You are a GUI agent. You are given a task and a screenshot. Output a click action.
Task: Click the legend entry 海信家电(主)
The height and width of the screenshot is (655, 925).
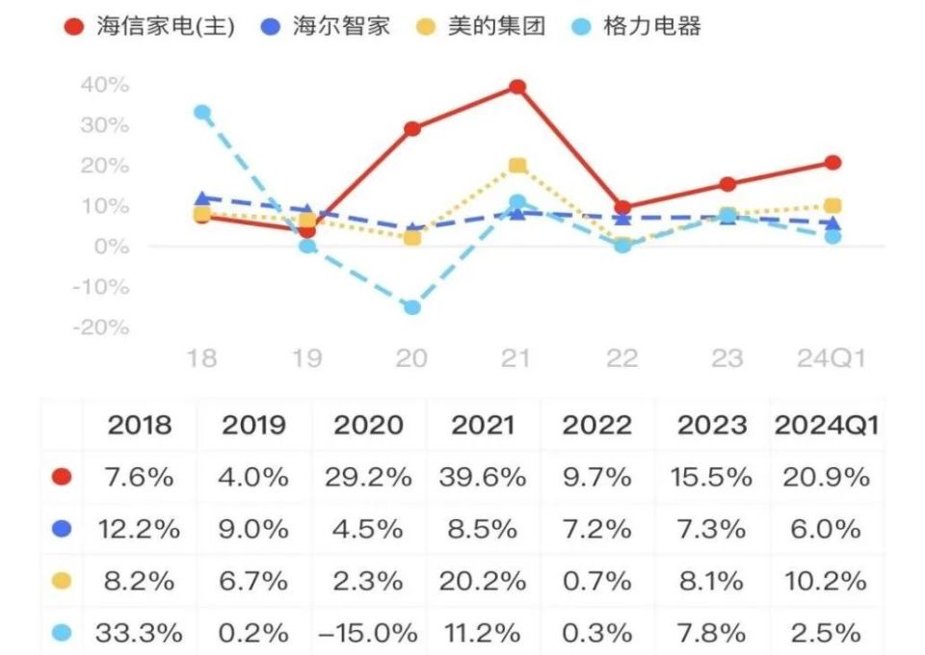(149, 26)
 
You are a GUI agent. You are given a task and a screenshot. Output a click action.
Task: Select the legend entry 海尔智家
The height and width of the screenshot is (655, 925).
(327, 26)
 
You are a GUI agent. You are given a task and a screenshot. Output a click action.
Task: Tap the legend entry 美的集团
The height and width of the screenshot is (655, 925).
(483, 26)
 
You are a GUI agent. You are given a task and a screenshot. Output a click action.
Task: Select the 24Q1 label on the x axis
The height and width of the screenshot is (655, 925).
(831, 359)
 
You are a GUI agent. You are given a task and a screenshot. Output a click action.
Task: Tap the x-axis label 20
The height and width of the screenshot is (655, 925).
(411, 359)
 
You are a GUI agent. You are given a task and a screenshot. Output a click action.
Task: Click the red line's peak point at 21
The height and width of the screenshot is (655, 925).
(517, 87)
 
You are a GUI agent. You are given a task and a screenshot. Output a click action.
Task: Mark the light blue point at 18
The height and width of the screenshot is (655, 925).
(201, 112)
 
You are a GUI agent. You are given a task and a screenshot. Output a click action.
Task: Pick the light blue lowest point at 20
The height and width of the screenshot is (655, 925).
(411, 307)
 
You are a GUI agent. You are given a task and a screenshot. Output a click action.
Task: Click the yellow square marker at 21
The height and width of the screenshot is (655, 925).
(517, 166)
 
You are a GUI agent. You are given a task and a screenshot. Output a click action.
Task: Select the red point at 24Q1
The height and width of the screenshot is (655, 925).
(832, 162)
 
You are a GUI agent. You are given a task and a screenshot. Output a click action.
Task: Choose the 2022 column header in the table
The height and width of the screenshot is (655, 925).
(596, 425)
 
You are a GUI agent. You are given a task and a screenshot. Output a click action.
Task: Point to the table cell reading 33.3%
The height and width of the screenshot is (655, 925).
(139, 633)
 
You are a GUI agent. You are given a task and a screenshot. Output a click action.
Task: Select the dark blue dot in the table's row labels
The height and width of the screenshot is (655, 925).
(63, 529)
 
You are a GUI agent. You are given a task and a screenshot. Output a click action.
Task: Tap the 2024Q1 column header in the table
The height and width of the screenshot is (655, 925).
(826, 425)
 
